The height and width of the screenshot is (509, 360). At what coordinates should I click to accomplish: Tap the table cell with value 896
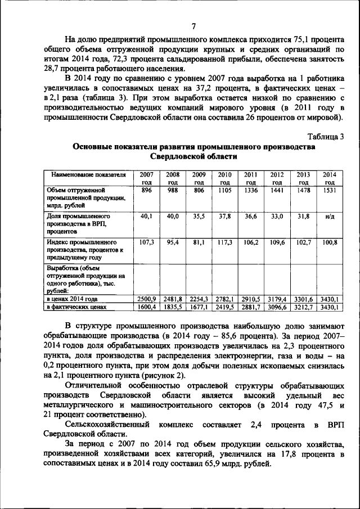tap(147, 191)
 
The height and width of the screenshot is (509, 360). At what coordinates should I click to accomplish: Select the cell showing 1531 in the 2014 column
tap(330, 191)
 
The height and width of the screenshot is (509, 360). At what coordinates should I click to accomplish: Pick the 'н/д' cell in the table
tap(330, 217)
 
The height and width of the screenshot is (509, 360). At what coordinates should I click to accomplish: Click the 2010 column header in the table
tap(225, 178)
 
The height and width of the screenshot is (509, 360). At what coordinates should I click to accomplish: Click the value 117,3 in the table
tap(225, 242)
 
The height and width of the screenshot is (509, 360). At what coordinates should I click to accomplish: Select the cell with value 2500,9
tap(147, 299)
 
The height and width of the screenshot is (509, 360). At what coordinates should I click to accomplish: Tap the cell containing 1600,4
tap(147, 308)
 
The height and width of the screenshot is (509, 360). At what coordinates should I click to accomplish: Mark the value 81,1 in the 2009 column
tap(199, 242)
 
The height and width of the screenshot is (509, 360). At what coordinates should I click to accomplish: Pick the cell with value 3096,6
tap(277, 308)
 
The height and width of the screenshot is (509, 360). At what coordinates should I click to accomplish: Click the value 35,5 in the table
tap(199, 217)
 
